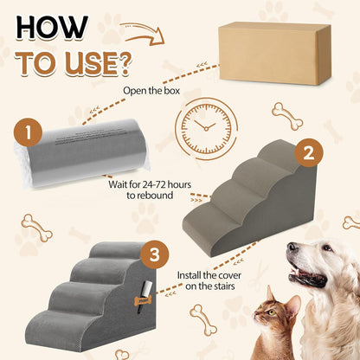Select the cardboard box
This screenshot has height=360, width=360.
tap(274, 54)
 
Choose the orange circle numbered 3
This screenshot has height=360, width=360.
tap(153, 255)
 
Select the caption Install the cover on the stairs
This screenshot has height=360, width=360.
tap(215, 282)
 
